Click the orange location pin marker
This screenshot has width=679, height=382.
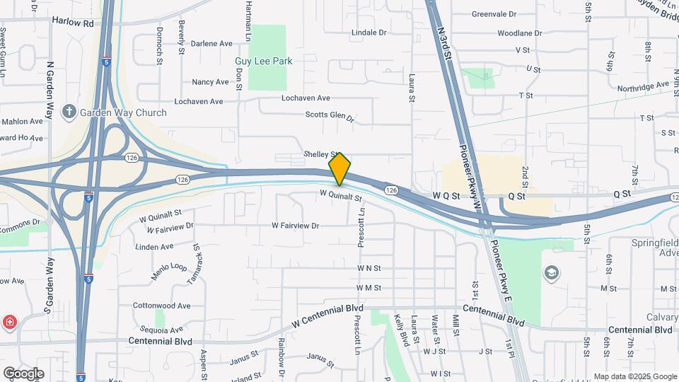click(x=339, y=169)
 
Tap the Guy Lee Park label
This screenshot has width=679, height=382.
click(x=263, y=62)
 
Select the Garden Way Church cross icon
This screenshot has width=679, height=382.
click(x=69, y=112)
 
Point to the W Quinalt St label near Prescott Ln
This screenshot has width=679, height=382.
click(x=340, y=194)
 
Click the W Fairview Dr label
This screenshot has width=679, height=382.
click(x=296, y=226)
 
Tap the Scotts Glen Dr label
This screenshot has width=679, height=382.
click(x=329, y=115)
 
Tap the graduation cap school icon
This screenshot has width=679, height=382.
click(x=550, y=272)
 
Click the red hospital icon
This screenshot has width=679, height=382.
click(x=10, y=323)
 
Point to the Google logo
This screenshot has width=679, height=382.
click(x=23, y=373)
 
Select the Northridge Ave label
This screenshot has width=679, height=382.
click(x=642, y=86)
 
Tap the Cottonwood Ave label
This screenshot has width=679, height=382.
click(x=161, y=306)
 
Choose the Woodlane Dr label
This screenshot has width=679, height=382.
click(x=519, y=33)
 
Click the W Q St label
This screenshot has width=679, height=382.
click(x=446, y=195)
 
